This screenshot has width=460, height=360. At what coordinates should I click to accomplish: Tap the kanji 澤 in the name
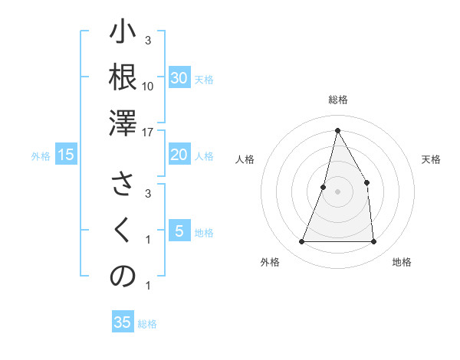123,123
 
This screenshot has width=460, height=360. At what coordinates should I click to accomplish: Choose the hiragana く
123,231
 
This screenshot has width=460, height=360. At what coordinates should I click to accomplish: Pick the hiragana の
123,277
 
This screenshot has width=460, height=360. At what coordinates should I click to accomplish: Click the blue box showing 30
179,78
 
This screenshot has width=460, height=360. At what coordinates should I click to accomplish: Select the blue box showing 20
179,155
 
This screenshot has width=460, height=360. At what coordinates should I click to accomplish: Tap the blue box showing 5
179,231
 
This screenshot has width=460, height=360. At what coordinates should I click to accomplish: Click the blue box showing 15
66,155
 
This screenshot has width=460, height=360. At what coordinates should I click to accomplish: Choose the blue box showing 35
123,322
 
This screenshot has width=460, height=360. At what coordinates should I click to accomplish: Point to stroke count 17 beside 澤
148,132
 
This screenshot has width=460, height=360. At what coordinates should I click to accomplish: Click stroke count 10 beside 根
148,86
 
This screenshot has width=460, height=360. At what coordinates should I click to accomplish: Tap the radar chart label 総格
337,100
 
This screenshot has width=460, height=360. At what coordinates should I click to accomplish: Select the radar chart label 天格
432,159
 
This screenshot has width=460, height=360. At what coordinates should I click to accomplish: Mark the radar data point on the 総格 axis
337,129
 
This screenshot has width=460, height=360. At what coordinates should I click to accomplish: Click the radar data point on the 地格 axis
374,242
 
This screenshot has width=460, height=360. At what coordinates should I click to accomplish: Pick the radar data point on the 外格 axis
301,242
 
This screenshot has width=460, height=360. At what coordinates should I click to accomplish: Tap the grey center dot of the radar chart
337,191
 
